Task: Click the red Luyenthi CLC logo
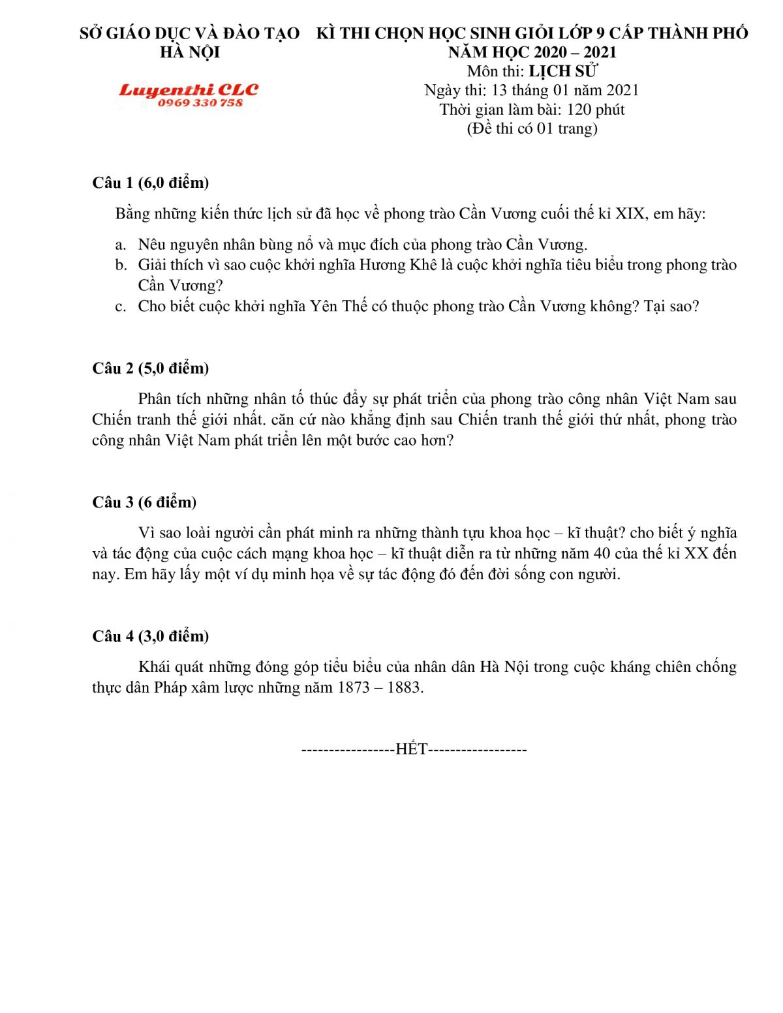click(x=189, y=90)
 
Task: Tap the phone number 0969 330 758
click(x=200, y=103)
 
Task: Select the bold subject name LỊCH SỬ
click(x=562, y=71)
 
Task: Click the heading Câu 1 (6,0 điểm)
click(x=151, y=183)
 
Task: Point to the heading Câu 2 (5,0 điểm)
click(x=151, y=369)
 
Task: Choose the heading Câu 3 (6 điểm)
click(x=144, y=502)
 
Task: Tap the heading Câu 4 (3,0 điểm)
click(x=151, y=636)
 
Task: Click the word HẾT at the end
click(x=412, y=749)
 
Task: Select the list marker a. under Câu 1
click(x=121, y=245)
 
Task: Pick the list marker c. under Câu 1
click(x=121, y=307)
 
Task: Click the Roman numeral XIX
click(x=630, y=214)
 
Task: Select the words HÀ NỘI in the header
click(x=190, y=52)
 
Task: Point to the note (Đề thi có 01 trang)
click(x=532, y=129)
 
